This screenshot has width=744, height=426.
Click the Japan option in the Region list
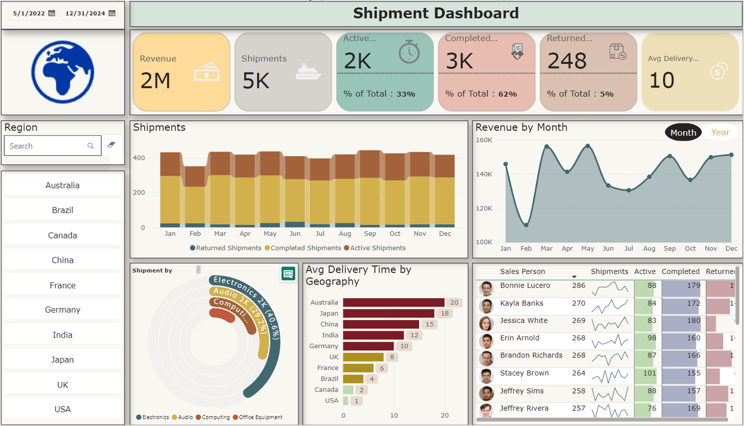[x=62, y=360]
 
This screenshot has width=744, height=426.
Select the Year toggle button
[x=720, y=132]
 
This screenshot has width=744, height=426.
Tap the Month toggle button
[x=683, y=132]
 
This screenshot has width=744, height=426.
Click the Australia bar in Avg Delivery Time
[x=393, y=302]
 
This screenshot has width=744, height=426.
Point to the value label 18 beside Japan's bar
[x=444, y=313]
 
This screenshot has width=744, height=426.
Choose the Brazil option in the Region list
[x=62, y=210]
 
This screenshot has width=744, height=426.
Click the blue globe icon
[x=62, y=72]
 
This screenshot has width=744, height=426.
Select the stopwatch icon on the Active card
[x=409, y=52]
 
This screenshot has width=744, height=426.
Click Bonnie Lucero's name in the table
[x=525, y=285]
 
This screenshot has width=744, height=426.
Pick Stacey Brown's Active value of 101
[x=645, y=373]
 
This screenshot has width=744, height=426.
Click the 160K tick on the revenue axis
[x=483, y=140]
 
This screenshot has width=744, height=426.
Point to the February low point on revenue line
[x=526, y=225]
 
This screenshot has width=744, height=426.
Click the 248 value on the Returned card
[x=567, y=61]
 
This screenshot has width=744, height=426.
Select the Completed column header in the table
[x=680, y=271]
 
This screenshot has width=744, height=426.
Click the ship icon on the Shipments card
[x=308, y=73]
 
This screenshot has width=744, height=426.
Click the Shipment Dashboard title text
[x=435, y=13]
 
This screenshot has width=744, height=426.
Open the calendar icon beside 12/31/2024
[x=112, y=13]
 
